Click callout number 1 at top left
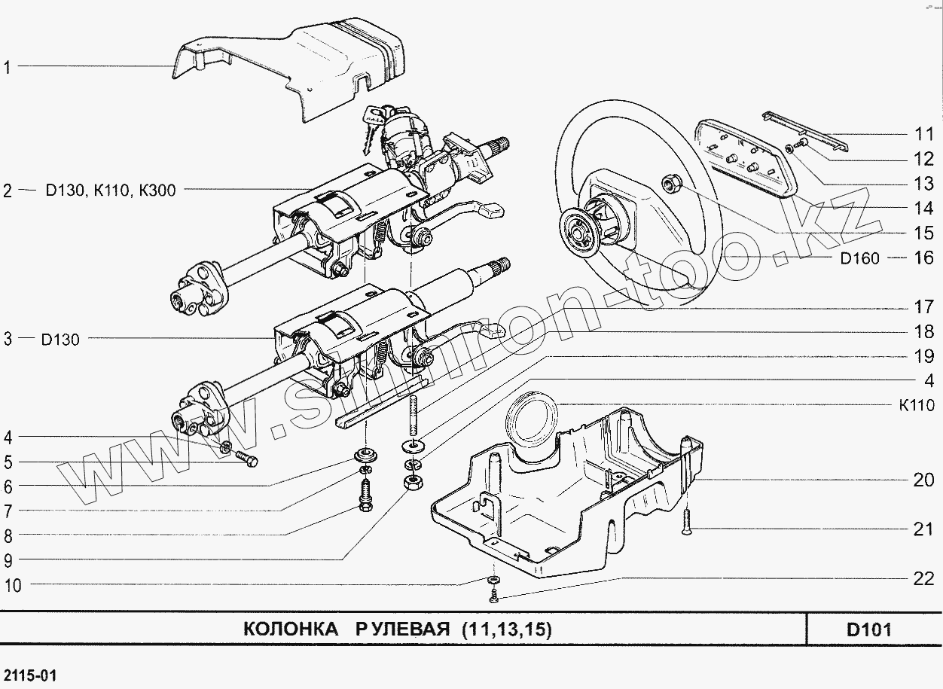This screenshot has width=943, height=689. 7,67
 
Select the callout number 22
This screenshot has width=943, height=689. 924,578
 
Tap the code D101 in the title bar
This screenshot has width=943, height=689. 868,630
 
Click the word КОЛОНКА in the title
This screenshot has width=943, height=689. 291,630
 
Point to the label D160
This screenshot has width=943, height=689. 859,258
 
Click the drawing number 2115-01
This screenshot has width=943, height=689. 29,672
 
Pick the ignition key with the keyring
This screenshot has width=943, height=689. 371,124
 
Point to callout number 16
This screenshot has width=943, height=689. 924,258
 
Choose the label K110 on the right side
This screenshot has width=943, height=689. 917,406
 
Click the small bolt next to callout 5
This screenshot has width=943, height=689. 247,459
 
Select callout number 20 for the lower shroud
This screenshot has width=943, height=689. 924,480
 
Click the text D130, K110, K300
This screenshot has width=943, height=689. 110,191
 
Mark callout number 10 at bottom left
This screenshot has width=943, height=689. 13,585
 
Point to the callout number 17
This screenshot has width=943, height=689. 924,307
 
